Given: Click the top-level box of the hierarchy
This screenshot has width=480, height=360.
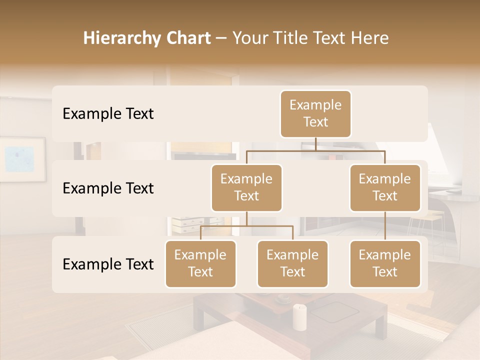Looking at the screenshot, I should click(315, 114).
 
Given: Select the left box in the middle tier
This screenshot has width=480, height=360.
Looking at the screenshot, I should click(246, 188).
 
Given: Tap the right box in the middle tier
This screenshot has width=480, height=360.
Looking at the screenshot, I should click(385, 188).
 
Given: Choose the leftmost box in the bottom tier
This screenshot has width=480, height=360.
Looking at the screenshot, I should click(200, 264).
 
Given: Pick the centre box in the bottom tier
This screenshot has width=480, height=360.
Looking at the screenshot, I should click(292, 264).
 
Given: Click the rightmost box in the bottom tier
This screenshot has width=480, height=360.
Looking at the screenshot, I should click(385, 264).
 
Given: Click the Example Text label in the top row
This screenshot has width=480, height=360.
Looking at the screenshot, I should click(108, 114).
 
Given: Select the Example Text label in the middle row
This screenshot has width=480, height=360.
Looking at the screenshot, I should click(108, 188).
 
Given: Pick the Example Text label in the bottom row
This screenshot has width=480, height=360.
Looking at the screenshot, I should click(108, 264).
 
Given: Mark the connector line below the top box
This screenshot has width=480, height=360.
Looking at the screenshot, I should click(315, 144).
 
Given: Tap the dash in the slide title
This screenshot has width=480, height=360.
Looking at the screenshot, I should click(221, 38).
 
